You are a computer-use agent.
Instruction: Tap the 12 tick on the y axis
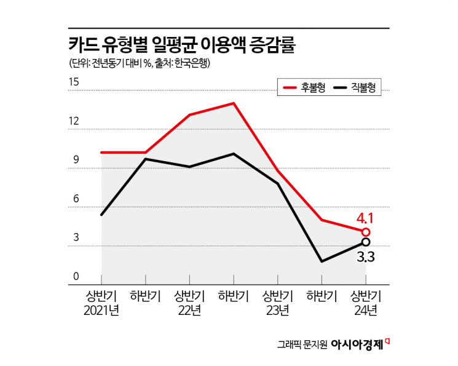pos(74,121)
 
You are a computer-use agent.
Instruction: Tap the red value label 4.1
pos(365,218)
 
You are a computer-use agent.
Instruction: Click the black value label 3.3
pos(366,255)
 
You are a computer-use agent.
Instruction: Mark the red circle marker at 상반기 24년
pos(366,232)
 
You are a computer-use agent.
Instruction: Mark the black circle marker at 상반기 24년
pos(366,242)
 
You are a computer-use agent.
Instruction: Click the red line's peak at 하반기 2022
pos(234,103)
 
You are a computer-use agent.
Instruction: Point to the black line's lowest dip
pos(322,261)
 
